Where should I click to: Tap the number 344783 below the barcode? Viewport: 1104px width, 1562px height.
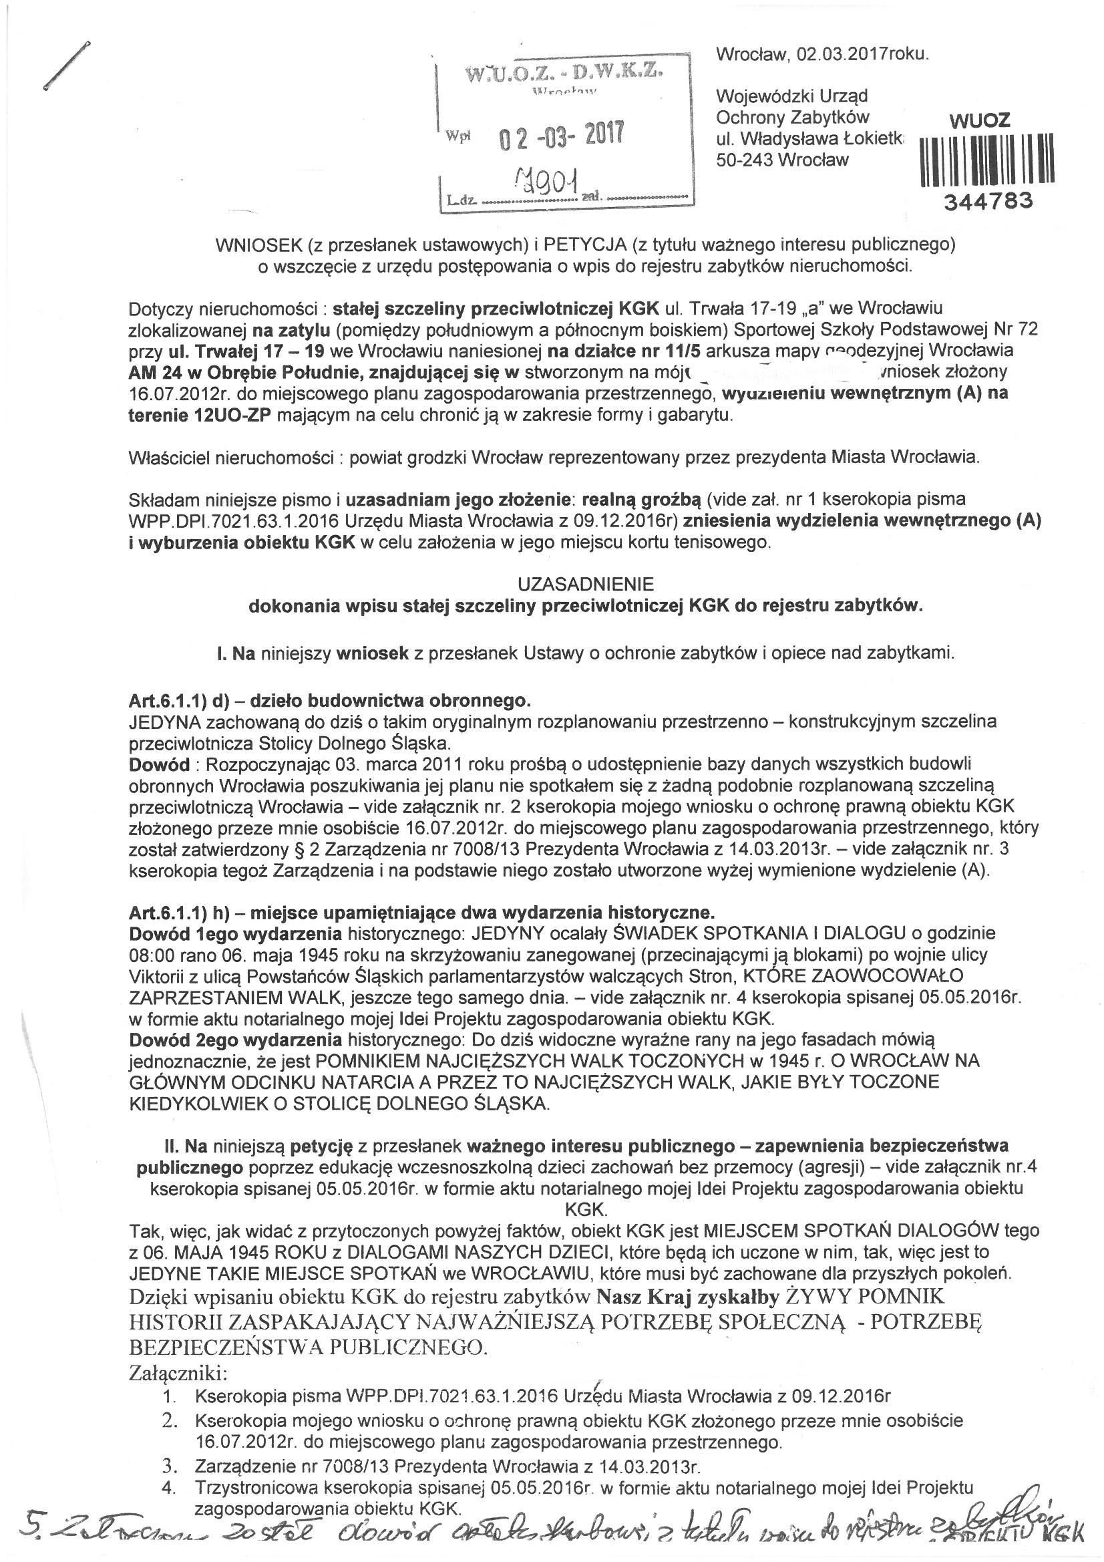[x=987, y=200]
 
